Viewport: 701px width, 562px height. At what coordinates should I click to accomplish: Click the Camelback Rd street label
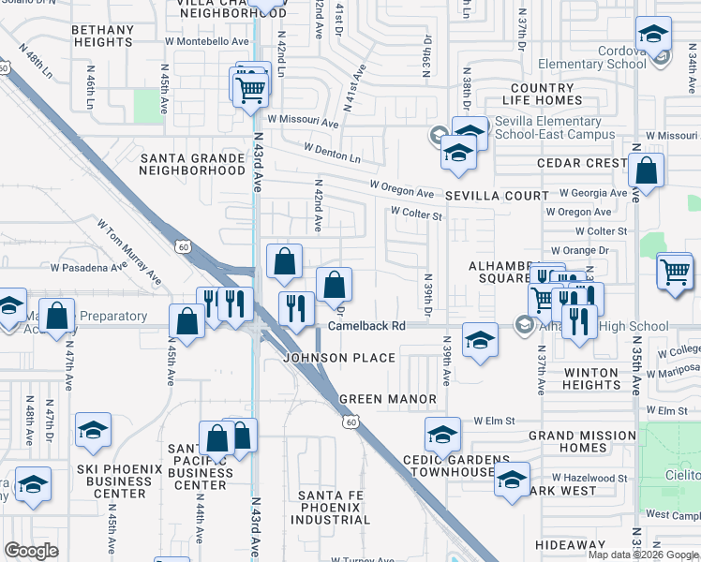coord(365,326)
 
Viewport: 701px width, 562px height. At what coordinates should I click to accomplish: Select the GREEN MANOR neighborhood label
coord(387,399)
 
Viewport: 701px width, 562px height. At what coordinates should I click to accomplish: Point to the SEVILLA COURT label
coord(497,196)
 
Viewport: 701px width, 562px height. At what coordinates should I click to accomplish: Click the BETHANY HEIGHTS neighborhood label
coord(102,37)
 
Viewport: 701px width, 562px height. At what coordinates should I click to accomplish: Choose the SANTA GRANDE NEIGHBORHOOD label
coord(192,164)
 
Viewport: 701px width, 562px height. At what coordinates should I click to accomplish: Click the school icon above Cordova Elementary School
coord(652,36)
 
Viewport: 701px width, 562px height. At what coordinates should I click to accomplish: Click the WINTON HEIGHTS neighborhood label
coord(591,379)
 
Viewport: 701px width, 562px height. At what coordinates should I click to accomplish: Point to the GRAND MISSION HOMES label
coord(581,441)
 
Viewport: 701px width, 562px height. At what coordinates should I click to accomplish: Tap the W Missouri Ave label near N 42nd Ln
coord(302,122)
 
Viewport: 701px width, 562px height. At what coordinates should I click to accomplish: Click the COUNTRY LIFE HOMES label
coord(544,95)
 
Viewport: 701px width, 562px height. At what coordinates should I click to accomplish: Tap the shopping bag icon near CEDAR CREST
coord(646,171)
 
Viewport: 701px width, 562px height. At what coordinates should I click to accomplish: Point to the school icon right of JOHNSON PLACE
coord(480,340)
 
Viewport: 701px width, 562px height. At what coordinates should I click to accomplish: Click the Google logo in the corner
coord(32,551)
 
